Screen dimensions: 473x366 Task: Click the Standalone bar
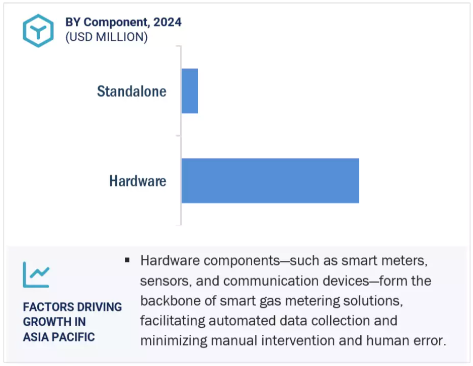(190, 91)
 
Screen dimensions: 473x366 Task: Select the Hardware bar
(270, 180)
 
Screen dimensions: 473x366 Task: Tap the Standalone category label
(131, 91)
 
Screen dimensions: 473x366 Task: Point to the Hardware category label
(137, 181)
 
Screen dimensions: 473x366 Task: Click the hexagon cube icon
(38, 31)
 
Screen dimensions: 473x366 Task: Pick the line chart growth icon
(36, 274)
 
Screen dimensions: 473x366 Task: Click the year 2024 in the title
(168, 22)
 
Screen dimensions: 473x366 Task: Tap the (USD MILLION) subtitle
(107, 37)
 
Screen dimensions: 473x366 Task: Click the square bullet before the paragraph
(127, 260)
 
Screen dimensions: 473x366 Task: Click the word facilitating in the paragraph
(172, 321)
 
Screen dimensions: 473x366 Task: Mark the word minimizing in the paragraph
(174, 341)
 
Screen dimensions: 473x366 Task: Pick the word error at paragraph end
(430, 341)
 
